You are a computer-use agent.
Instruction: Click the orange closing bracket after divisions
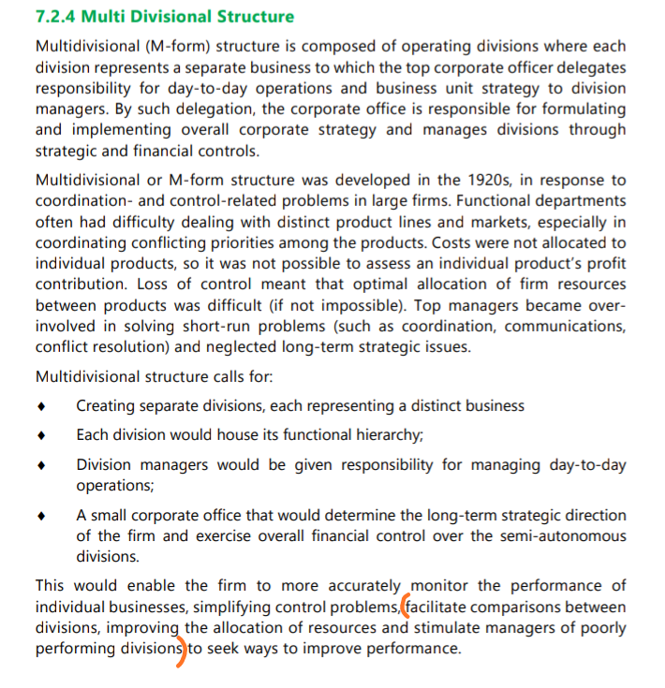click(183, 649)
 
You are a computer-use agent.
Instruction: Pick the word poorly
click(601, 627)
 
